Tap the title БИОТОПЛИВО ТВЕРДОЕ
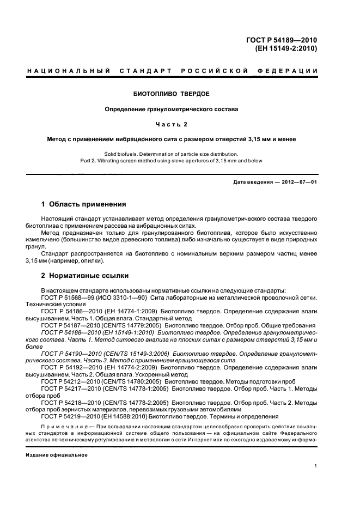click(172, 93)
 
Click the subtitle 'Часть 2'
click(172, 124)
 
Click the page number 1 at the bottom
click(315, 466)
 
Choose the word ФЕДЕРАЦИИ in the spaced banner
click(287, 71)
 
